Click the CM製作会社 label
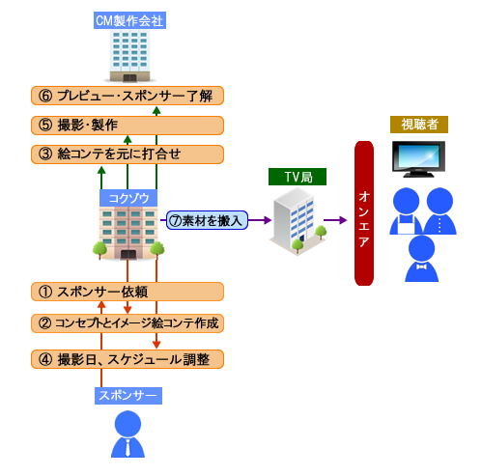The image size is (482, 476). click(129, 20)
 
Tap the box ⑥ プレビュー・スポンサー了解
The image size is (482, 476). click(128, 96)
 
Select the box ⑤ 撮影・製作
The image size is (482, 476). click(128, 126)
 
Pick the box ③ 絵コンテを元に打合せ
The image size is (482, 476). click(128, 154)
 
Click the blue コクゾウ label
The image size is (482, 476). click(128, 198)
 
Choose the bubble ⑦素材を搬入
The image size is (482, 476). click(207, 220)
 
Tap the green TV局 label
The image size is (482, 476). click(298, 177)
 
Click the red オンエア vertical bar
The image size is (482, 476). click(364, 213)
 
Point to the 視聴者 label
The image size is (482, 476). click(419, 125)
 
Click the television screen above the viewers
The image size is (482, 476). click(418, 155)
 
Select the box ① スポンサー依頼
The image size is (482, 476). click(128, 292)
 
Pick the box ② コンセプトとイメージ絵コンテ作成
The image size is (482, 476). click(128, 323)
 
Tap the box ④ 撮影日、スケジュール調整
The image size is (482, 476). click(128, 359)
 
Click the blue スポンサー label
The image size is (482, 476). click(128, 396)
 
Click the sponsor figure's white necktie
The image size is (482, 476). click(128, 447)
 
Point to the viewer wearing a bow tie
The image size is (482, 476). click(421, 259)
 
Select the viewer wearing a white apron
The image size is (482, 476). click(406, 211)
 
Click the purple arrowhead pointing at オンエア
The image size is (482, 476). click(342, 220)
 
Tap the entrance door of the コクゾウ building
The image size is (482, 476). click(128, 254)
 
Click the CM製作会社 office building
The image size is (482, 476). click(129, 56)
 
